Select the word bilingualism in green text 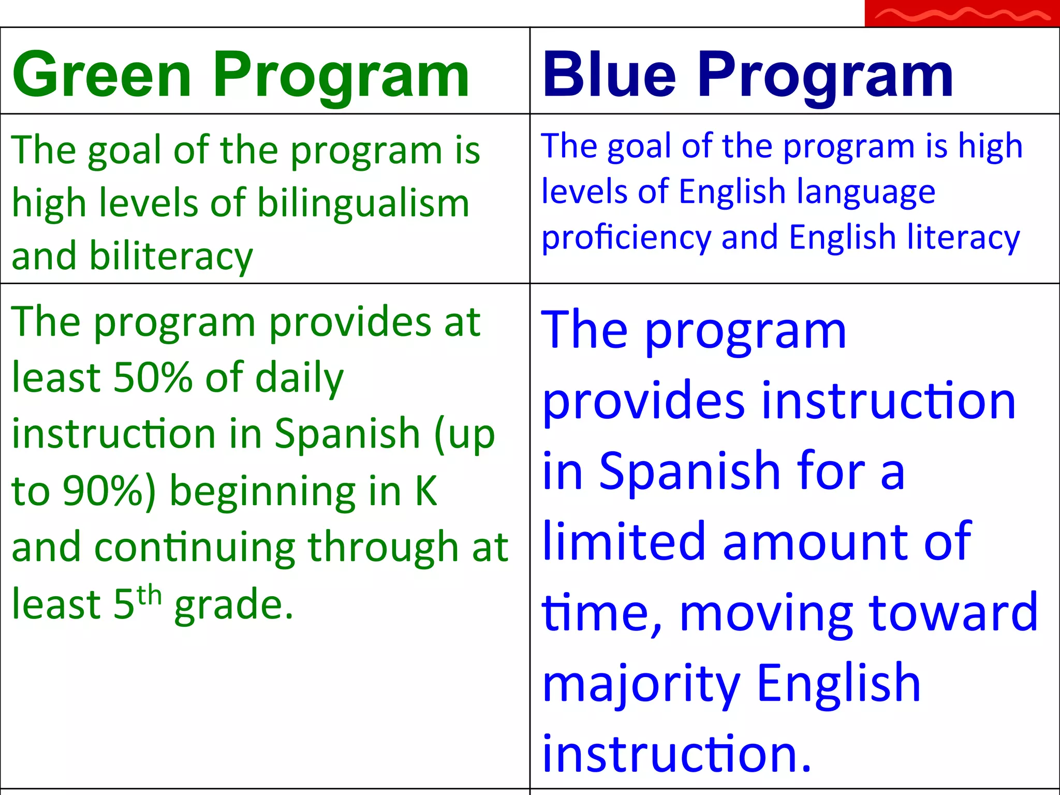[x=363, y=203]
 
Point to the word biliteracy [x=171, y=257]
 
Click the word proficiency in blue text [x=627, y=238]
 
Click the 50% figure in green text [x=153, y=378]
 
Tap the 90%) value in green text [x=109, y=491]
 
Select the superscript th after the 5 [x=149, y=596]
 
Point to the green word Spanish [x=347, y=434]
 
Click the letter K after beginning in [x=426, y=491]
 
